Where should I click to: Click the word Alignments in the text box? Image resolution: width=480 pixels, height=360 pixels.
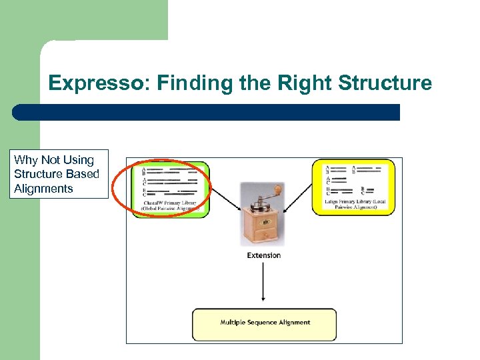pos(43,189)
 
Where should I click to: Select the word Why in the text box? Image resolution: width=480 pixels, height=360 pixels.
pos(26,160)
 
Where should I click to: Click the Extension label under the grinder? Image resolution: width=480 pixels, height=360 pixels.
pos(264,255)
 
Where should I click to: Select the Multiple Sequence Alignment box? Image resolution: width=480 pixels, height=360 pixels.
pos(265,323)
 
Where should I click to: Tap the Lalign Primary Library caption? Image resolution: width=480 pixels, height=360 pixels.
pos(354,203)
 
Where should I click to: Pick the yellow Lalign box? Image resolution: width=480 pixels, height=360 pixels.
pos(353,187)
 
